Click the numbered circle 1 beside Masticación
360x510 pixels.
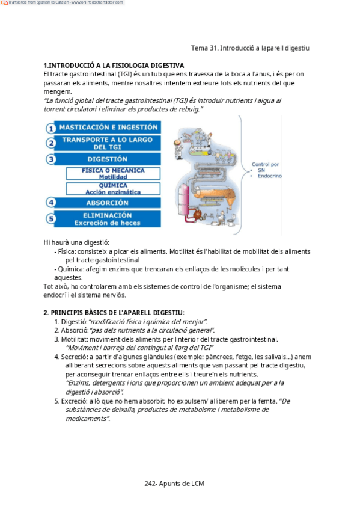click(x=50, y=128)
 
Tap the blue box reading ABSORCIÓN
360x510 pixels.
click(x=107, y=203)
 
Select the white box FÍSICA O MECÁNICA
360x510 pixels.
click(x=113, y=173)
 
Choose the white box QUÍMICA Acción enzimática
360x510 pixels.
click(x=113, y=189)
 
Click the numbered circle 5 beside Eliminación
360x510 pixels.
click(x=50, y=218)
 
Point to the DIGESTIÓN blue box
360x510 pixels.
click(x=107, y=159)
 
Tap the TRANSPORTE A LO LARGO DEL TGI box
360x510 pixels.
click(x=107, y=143)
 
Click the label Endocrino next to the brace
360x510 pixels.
click(x=270, y=176)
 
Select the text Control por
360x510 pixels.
click(x=266, y=164)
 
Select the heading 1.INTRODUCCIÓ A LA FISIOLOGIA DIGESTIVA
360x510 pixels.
click(x=114, y=66)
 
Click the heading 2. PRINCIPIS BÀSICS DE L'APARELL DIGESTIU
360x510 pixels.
click(x=114, y=313)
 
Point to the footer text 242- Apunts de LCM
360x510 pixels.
click(x=174, y=484)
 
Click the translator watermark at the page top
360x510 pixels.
click(x=63, y=2)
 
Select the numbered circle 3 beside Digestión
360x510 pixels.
click(x=50, y=159)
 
